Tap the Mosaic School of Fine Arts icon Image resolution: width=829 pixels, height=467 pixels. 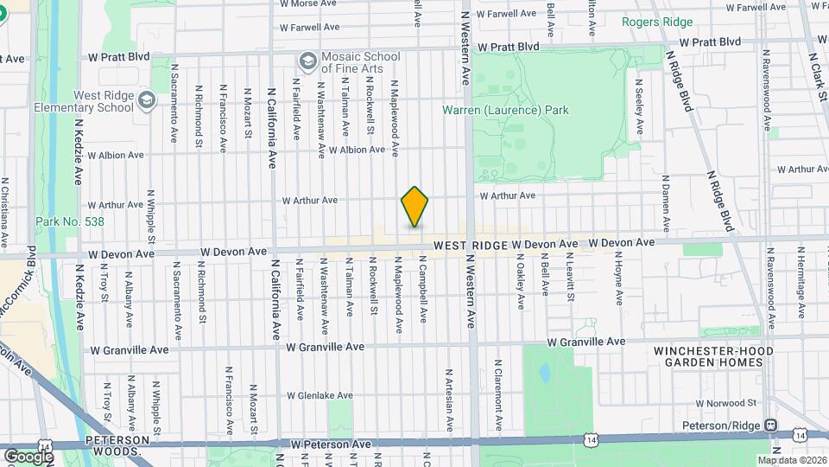click(x=306, y=61)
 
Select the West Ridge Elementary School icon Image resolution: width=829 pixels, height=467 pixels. click(x=146, y=100)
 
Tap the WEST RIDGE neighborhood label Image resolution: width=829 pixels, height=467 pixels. click(x=470, y=246)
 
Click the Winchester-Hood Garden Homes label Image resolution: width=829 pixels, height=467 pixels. click(x=708, y=355)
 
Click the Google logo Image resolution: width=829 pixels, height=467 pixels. click(x=28, y=456)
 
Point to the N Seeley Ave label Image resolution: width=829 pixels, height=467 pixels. click(x=639, y=107)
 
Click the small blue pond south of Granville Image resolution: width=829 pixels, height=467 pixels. click(x=543, y=374)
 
